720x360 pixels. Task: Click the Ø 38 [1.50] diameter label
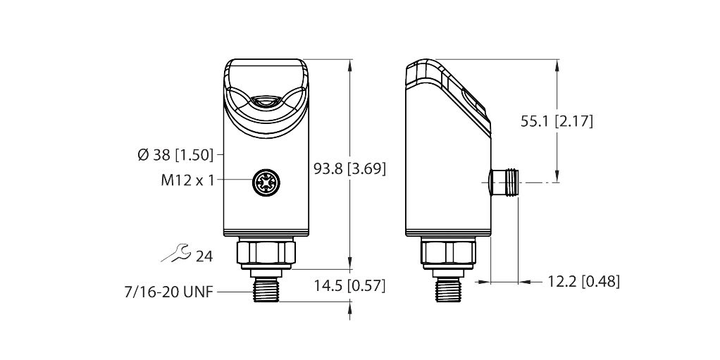pos(177,154)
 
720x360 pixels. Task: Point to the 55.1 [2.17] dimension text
pos(557,121)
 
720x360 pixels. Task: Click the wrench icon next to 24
pos(175,254)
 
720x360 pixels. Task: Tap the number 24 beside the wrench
pos(204,256)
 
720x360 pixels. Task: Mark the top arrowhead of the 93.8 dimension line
pos(350,64)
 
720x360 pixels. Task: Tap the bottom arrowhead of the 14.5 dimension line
pos(350,306)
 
